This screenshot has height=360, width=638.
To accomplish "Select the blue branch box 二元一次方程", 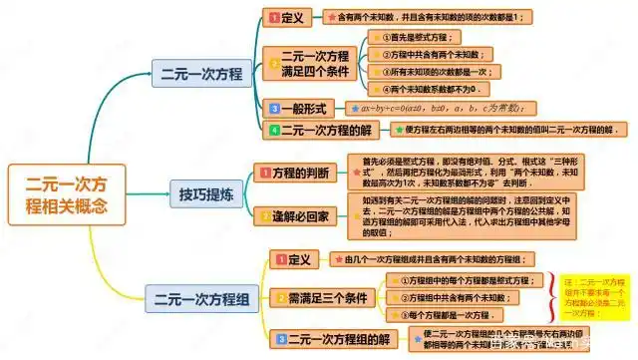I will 201,73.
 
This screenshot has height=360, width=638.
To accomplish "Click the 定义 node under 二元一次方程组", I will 298,259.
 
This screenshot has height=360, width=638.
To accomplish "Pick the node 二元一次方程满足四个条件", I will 310,63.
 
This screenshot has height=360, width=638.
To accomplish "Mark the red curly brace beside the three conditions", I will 550,297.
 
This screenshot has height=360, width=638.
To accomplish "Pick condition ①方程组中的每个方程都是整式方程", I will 464,280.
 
